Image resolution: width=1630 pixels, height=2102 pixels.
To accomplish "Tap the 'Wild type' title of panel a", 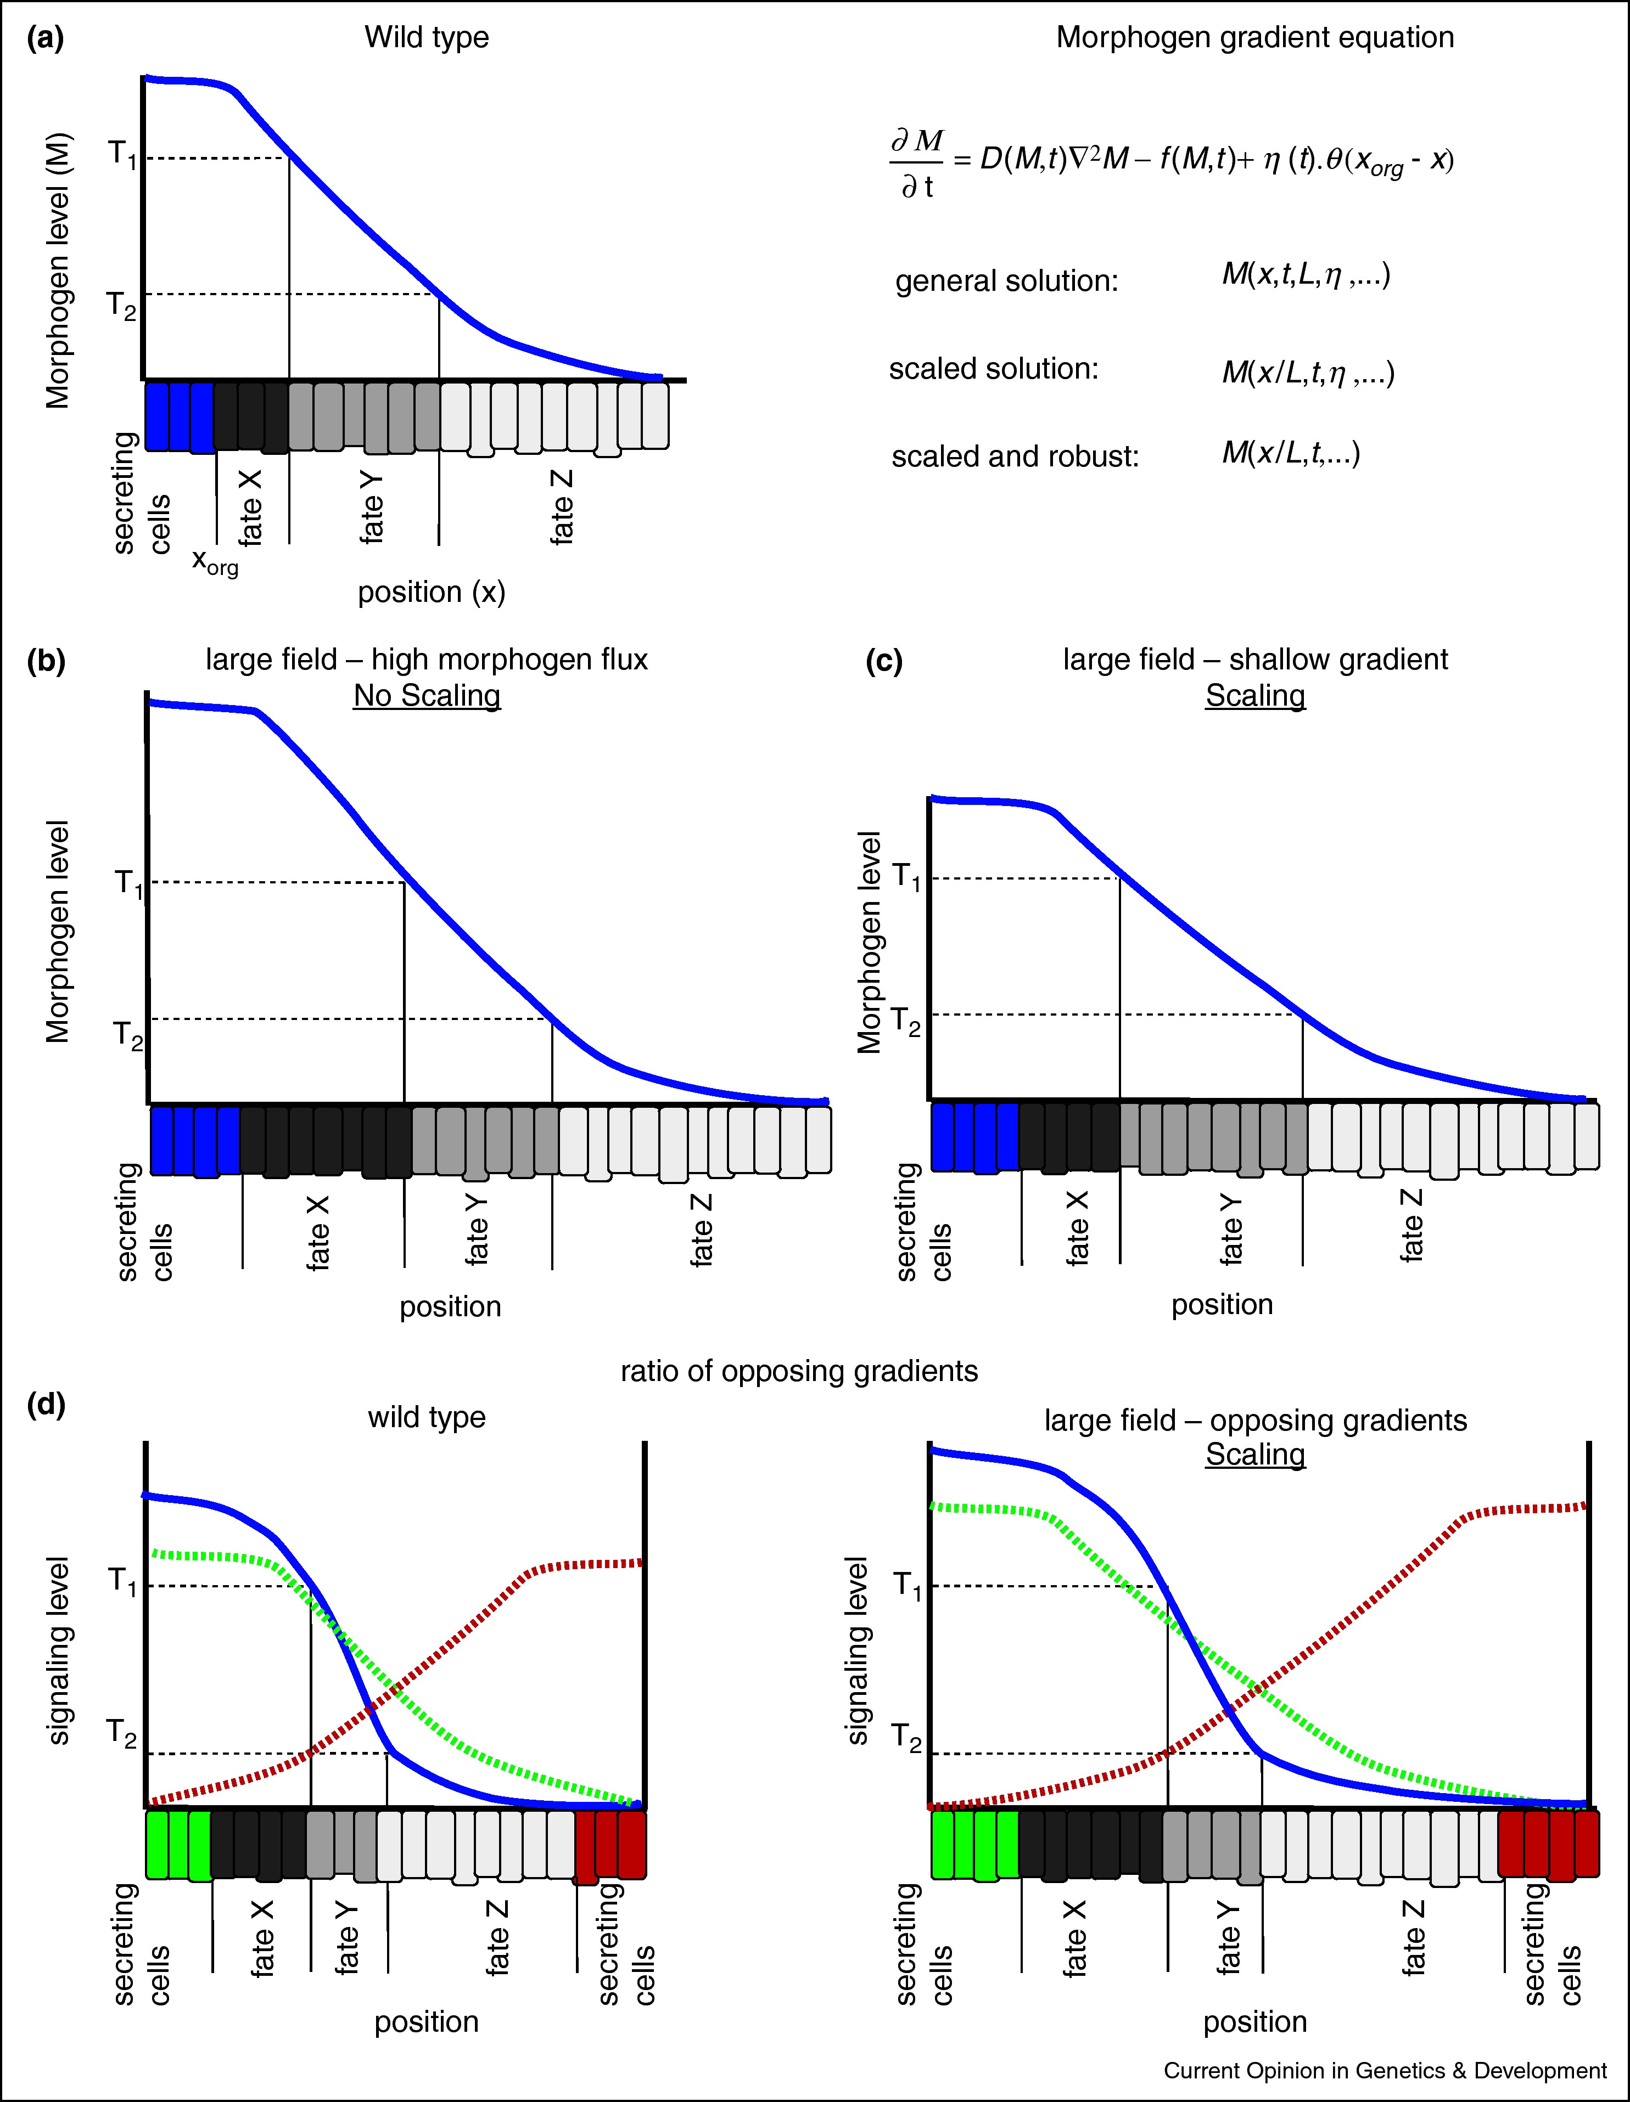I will [427, 37].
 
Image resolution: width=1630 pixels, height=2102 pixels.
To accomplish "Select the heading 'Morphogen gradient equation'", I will [1254, 37].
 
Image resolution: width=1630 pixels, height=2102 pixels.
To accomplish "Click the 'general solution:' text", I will [1006, 281].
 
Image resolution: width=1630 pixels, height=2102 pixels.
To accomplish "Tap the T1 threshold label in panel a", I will [121, 154].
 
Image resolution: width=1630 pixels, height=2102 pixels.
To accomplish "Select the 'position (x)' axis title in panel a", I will [432, 592].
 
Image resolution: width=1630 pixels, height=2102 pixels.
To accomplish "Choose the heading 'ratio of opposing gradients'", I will [799, 1371].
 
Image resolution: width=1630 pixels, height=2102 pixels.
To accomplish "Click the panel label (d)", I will [45, 1404].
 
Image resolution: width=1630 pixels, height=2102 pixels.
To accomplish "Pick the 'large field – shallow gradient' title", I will [1254, 660].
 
